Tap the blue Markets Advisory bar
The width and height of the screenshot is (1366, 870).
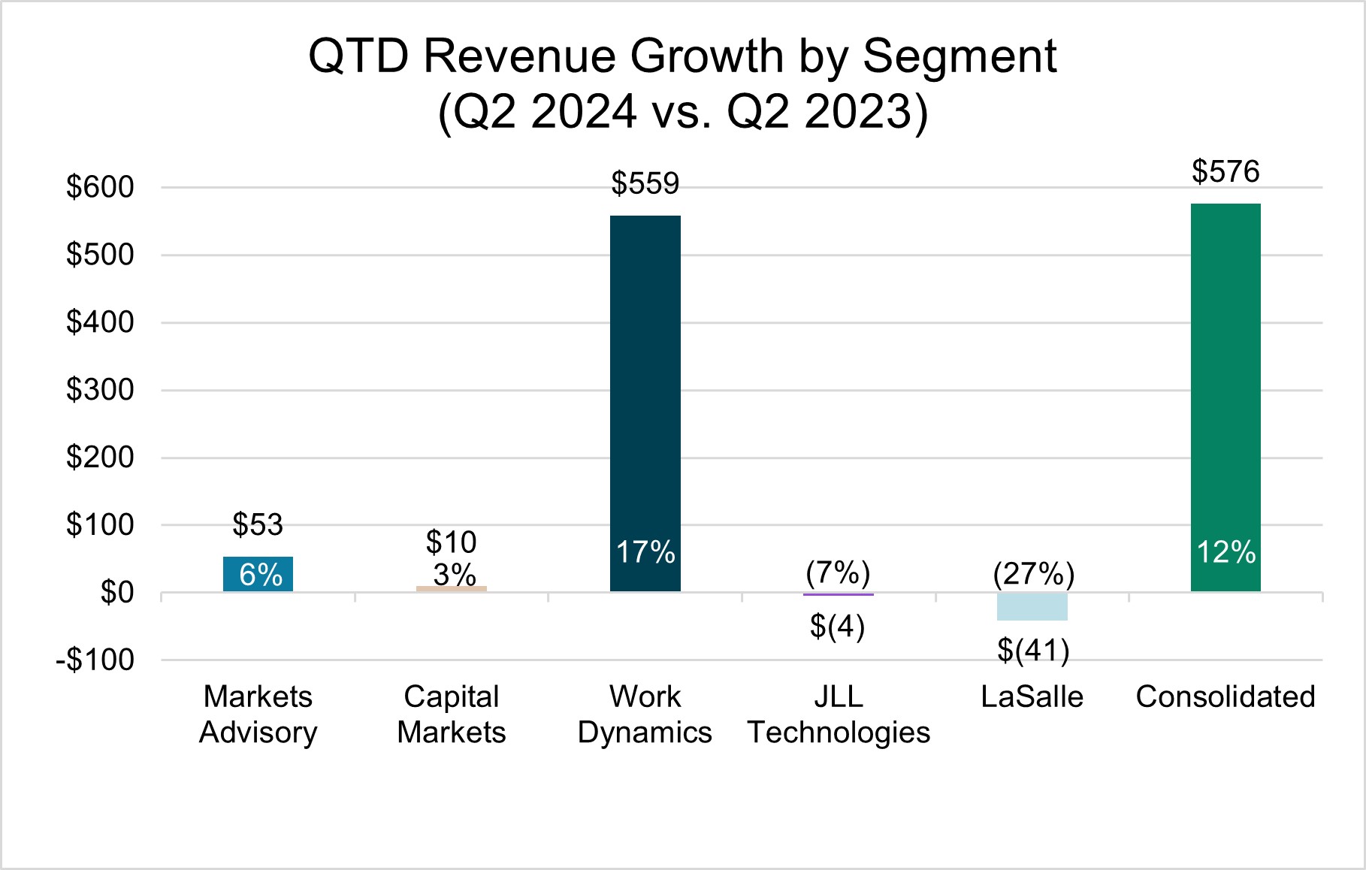tap(258, 574)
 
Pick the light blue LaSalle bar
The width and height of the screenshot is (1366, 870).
tap(1032, 607)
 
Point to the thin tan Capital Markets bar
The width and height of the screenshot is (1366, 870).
tap(452, 589)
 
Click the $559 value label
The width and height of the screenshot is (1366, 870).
tap(645, 183)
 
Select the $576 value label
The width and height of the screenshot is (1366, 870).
tap(1225, 171)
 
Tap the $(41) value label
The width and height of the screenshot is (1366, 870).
tap(1033, 651)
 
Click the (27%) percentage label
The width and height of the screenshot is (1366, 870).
tap(1033, 574)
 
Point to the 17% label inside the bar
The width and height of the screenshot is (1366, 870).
tap(645, 552)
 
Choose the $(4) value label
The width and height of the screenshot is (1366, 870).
tap(838, 626)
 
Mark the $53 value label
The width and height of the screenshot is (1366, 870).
tap(258, 524)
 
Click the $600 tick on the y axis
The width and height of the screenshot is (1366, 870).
tap(100, 187)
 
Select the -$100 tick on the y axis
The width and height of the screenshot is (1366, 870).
tap(95, 660)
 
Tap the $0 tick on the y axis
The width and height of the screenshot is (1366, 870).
tap(117, 593)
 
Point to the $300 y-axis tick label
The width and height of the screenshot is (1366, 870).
tap(100, 390)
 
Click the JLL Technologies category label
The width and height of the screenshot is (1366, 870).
tap(839, 714)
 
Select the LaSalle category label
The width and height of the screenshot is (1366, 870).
tap(1032, 697)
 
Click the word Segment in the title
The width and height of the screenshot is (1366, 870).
tap(960, 56)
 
